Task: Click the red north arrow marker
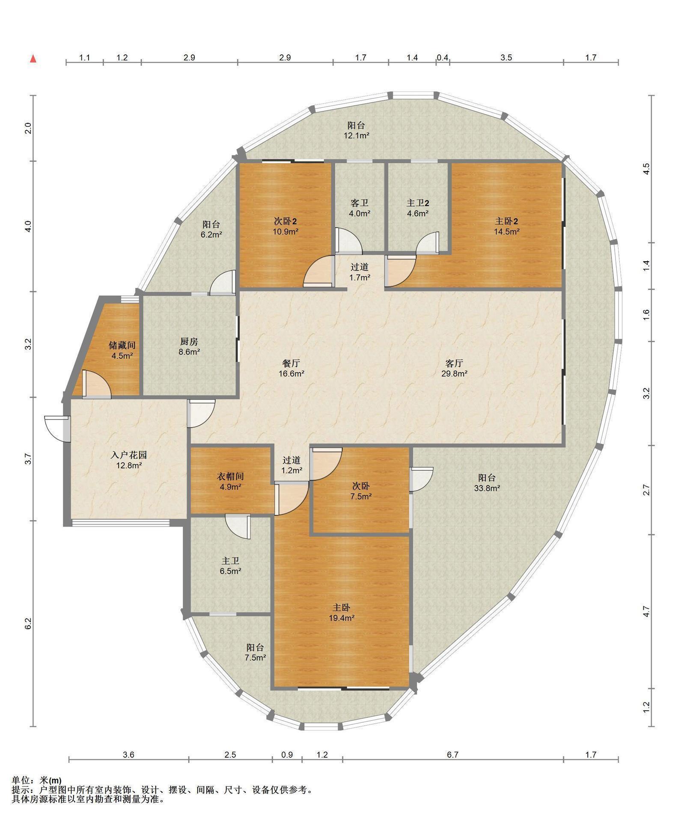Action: tap(33, 59)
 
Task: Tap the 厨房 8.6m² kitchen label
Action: tap(189, 347)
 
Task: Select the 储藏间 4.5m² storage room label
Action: tap(122, 350)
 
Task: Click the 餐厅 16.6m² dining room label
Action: tap(291, 368)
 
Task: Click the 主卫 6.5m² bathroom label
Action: tap(230, 566)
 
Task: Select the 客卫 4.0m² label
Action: tap(360, 207)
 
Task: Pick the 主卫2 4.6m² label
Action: tap(418, 207)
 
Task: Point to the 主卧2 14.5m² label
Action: tap(507, 226)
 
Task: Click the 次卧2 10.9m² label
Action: tap(285, 226)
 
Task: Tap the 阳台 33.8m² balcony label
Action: tap(487, 482)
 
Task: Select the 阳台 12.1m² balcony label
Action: tap(356, 130)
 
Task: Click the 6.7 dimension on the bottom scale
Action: tap(452, 755)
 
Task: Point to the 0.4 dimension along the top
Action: tap(442, 57)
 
